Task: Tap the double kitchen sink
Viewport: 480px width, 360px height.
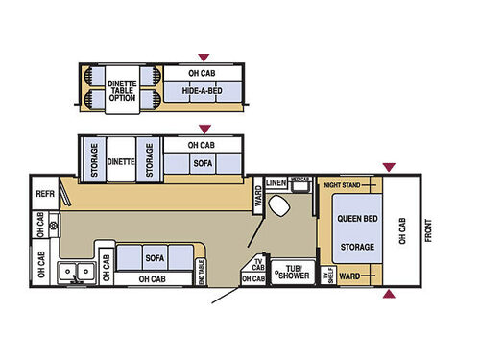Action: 73,272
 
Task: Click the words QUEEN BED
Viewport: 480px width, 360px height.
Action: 355,217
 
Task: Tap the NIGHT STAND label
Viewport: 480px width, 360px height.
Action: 341,183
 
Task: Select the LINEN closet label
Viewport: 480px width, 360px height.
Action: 276,181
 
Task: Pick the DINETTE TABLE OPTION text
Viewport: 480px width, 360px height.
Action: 122,87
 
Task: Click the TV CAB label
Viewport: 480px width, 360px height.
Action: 257,263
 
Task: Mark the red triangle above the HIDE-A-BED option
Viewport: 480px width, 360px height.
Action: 203,58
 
